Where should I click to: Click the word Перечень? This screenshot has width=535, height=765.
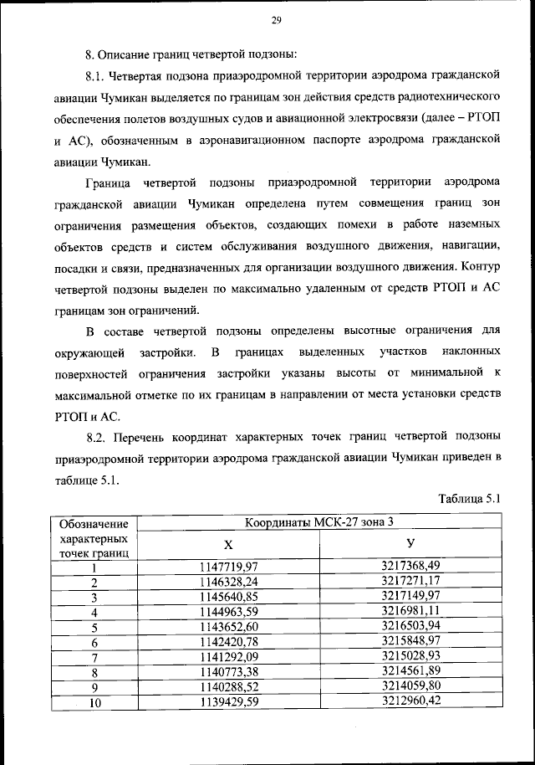click(x=143, y=436)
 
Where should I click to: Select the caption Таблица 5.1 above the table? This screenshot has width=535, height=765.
click(x=469, y=500)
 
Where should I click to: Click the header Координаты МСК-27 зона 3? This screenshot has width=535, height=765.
click(x=318, y=523)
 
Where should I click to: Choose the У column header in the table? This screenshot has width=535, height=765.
click(x=410, y=544)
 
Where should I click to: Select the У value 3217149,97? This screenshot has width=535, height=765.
click(x=410, y=596)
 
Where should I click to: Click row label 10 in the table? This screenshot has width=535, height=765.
click(x=94, y=702)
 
